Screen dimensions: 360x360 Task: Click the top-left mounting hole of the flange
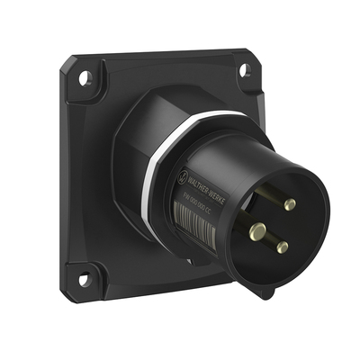pos(83,79)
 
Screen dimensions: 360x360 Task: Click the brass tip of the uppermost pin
pos(289,204)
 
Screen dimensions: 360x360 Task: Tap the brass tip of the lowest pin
pos(282,247)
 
